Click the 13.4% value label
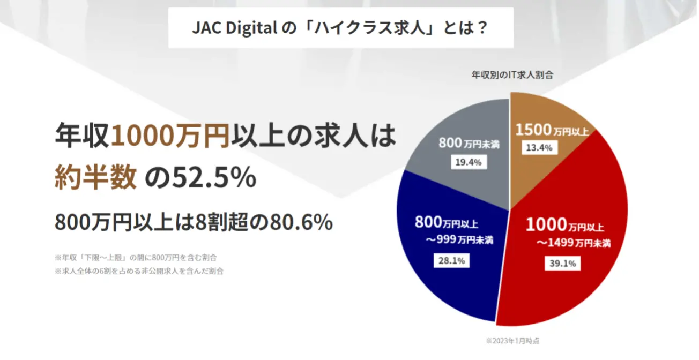[x=539, y=148]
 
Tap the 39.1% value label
[x=562, y=263]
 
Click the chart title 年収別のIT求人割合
[x=512, y=75]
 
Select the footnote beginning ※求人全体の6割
[x=139, y=271]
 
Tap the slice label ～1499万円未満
[x=573, y=243]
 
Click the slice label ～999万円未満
[x=459, y=240]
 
